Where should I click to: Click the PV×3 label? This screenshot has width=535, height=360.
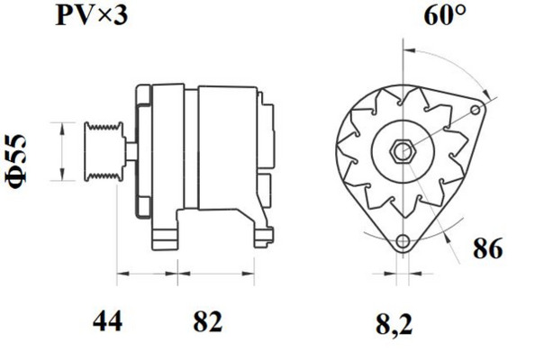(92, 15)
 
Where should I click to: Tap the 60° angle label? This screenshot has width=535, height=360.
(444, 15)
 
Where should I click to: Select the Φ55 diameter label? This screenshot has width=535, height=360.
(16, 162)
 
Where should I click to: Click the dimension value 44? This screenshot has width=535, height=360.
(107, 321)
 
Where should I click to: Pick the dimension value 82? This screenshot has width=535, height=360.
(208, 321)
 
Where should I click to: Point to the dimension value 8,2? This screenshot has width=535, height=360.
(394, 324)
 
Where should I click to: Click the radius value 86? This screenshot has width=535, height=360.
(487, 248)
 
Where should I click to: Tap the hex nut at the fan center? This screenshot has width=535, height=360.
(403, 150)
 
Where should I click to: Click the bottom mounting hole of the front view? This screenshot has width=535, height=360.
(403, 241)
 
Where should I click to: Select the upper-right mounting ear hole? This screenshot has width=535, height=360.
(475, 110)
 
